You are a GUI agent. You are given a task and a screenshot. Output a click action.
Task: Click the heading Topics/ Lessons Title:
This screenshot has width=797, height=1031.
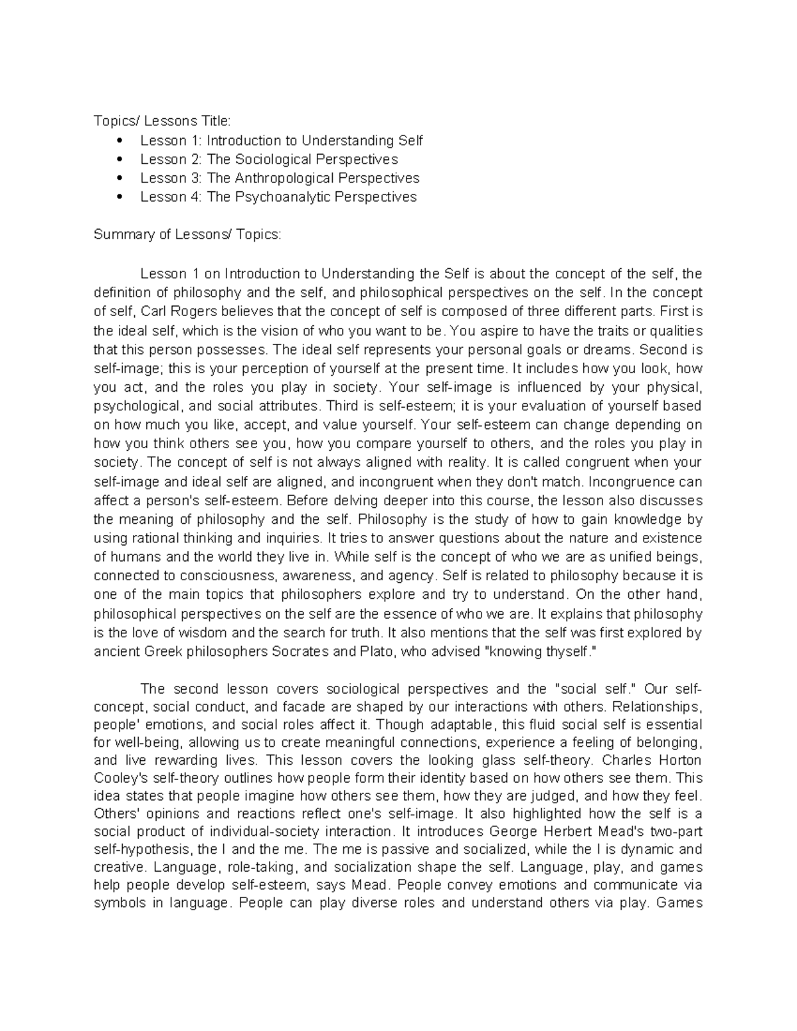click(162, 121)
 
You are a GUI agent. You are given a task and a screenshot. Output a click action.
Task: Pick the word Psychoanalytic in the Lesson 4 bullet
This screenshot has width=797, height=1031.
click(282, 197)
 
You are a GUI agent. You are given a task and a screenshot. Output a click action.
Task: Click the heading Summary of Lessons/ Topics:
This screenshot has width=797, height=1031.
click(187, 235)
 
